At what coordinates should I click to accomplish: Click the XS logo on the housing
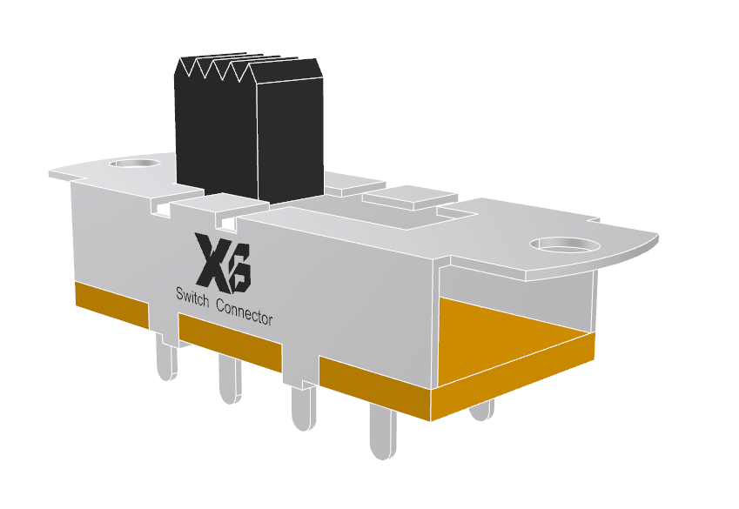[x=223, y=262]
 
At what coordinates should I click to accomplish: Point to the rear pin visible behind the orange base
[x=481, y=410]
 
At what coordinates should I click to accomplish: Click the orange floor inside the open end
[x=514, y=335]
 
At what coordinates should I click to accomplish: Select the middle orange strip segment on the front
[x=230, y=339]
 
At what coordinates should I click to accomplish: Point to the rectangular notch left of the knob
[x=160, y=208]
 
